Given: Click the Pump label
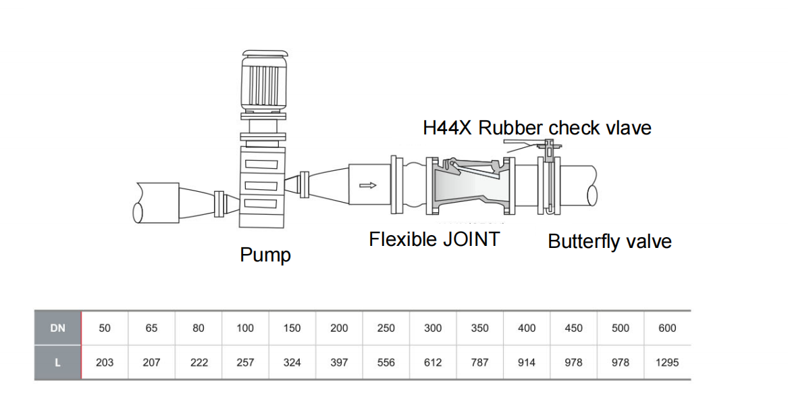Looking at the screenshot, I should coord(265,255).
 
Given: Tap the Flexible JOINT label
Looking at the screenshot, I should coord(434,239).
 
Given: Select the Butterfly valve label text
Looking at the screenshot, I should coord(609,242).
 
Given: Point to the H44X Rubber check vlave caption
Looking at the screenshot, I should coord(537,128).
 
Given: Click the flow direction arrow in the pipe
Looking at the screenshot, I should coord(368,184).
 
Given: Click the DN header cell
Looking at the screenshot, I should coord(58,328).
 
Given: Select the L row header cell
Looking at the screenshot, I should coord(58,362).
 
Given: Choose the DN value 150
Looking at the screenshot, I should coord(292,328).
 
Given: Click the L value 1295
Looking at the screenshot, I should coord(667,362).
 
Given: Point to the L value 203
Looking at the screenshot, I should coord(105,362).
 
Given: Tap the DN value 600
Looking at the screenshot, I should coord(667,328).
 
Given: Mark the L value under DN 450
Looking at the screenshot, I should coord(573,362).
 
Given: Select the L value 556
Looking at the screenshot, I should coord(386,362).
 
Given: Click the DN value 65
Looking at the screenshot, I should coord(151,328).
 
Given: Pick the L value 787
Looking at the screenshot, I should coord(480,362).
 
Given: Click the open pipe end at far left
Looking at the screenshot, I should coord(138,211).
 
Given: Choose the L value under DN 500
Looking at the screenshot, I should coord(620,362).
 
